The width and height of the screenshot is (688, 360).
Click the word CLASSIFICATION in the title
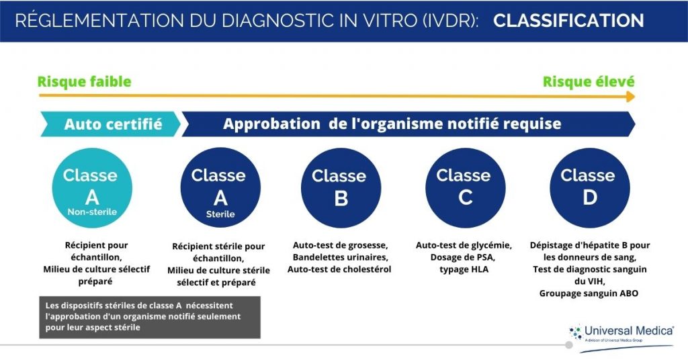pos(568,21)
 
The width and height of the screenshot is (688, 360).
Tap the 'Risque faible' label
pos(84,82)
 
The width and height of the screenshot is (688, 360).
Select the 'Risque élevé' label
pos(589,82)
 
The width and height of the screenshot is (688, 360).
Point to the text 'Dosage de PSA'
pos(464,257)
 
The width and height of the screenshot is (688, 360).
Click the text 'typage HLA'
pos(464,269)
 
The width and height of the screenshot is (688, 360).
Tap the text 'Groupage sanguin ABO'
pos(589,294)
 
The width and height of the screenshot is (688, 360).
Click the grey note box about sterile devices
pos(148,316)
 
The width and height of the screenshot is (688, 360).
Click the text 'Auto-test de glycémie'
pos(464,245)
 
